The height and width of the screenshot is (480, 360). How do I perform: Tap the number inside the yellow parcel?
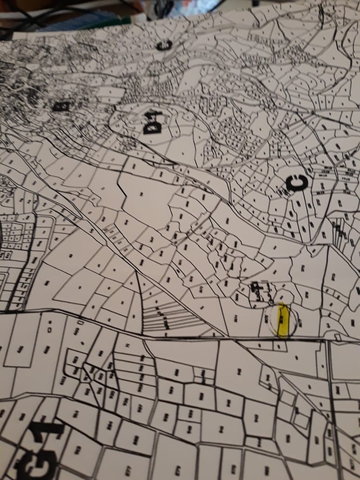(x=281, y=319)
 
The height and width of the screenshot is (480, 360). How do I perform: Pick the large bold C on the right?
(x=296, y=183)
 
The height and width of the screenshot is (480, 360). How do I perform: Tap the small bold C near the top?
(x=164, y=45)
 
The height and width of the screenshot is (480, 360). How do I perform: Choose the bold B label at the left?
(x=61, y=107)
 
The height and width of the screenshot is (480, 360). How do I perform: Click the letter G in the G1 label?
(x=35, y=459)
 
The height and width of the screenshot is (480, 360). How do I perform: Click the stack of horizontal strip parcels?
(x=163, y=316)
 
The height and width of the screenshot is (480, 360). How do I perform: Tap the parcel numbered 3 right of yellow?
(x=328, y=324)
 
